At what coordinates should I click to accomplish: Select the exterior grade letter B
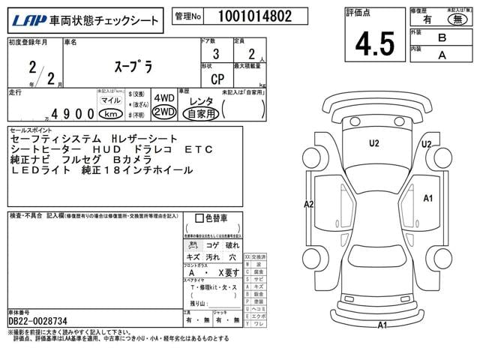[442, 37]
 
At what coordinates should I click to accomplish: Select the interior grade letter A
[442, 54]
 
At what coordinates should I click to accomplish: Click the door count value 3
[216, 54]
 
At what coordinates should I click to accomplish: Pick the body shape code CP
[216, 77]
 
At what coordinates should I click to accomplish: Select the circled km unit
[111, 114]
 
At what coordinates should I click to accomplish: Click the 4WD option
[163, 98]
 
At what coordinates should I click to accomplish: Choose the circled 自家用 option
[201, 114]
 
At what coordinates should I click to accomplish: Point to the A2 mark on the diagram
[308, 204]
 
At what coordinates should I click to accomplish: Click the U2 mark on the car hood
[373, 142]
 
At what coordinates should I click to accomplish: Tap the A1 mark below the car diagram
[382, 325]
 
